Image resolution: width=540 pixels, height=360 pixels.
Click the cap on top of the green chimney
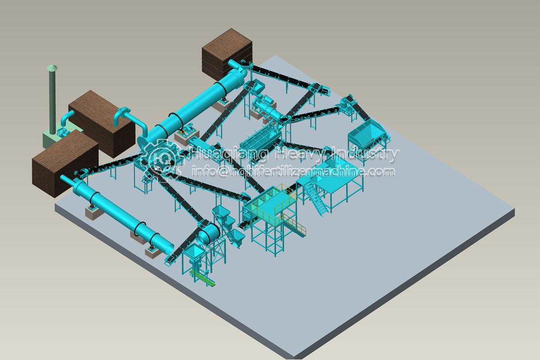(x=52, y=67)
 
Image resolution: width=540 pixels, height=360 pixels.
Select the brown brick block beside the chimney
(x=102, y=122)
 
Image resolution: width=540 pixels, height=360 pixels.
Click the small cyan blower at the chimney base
(x=63, y=132)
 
